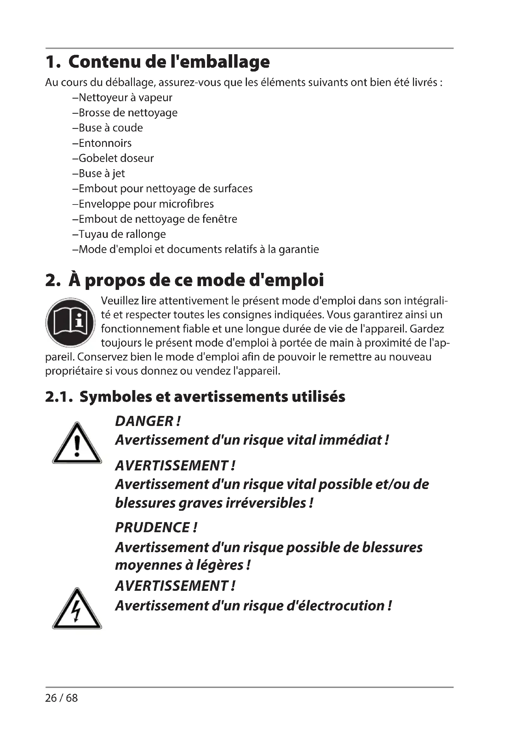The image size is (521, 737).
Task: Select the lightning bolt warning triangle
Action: [77, 609]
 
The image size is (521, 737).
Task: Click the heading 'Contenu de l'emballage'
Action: [169, 62]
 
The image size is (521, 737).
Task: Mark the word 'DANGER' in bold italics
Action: [144, 421]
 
